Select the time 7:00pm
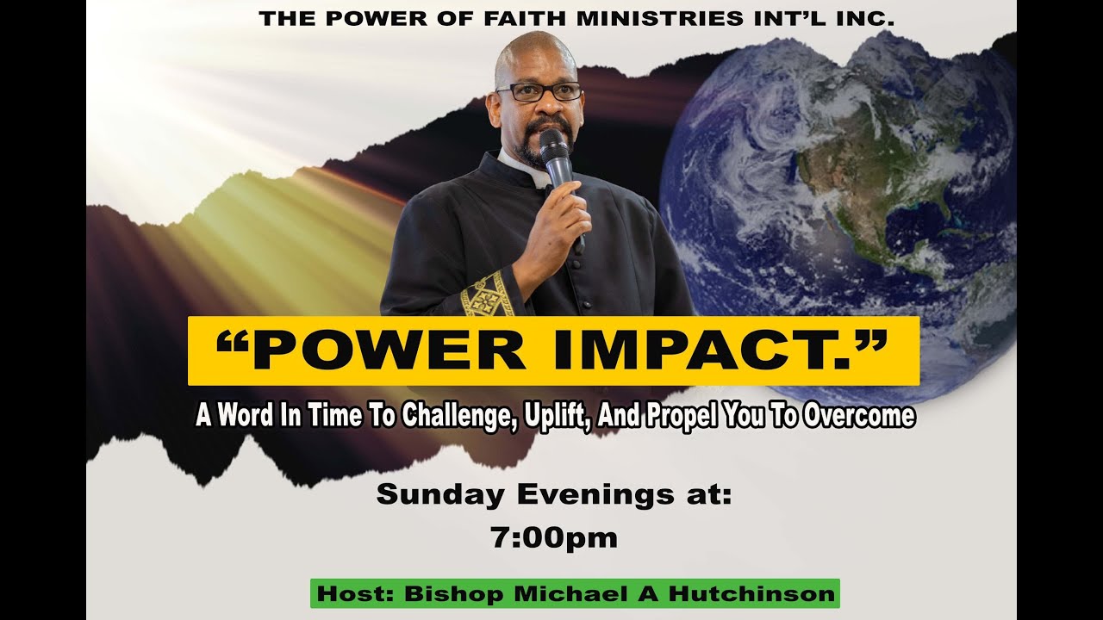[554, 538]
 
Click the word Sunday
[440, 495]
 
